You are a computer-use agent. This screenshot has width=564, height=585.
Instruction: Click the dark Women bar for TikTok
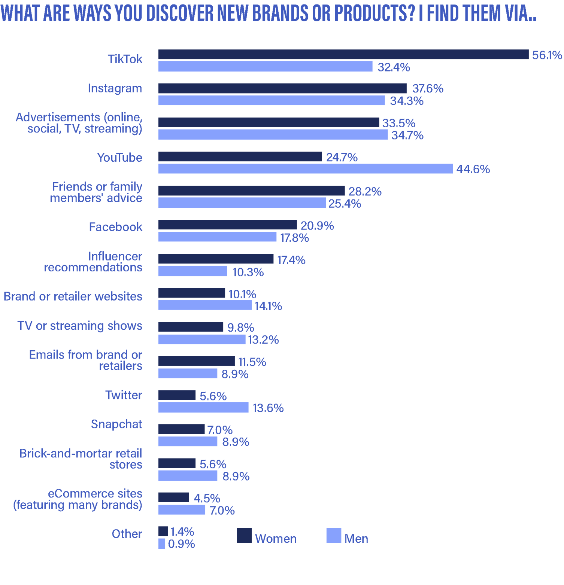(x=343, y=55)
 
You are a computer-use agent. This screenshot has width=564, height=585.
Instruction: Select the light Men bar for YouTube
(x=305, y=169)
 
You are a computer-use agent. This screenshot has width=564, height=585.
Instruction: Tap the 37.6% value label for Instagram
(x=428, y=89)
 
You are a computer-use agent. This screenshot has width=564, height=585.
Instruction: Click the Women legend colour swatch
(x=244, y=535)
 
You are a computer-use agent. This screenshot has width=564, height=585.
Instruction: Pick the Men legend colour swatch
(x=334, y=535)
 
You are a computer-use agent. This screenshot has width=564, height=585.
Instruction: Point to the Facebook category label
(x=116, y=227)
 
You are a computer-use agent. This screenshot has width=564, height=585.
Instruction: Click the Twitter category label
(x=124, y=395)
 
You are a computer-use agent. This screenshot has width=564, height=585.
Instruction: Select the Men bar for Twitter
(x=203, y=408)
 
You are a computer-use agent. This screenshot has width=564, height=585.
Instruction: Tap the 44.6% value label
(x=473, y=169)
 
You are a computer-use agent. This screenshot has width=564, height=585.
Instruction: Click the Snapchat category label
(x=116, y=424)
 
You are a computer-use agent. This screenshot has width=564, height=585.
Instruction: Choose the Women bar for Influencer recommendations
(x=216, y=259)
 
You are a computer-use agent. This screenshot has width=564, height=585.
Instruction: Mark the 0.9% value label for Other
(x=182, y=544)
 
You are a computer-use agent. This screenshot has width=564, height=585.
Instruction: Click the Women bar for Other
(x=163, y=531)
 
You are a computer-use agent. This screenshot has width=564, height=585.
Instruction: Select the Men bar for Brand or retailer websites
(x=205, y=305)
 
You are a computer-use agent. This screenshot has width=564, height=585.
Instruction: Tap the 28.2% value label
(x=365, y=192)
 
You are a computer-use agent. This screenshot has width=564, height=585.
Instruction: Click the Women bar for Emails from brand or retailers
(x=196, y=361)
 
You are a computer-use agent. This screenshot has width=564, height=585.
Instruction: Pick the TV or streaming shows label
(x=80, y=326)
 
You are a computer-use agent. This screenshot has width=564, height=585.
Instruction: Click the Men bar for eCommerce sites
(x=182, y=510)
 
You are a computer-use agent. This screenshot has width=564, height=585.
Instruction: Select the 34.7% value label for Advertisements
(x=407, y=135)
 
